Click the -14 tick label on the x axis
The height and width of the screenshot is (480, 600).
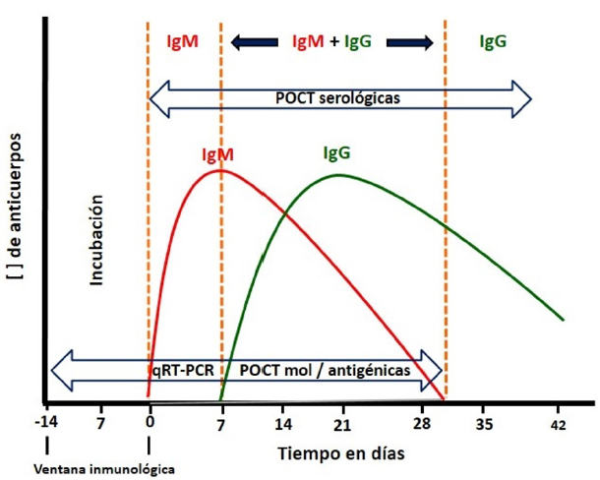click(45, 424)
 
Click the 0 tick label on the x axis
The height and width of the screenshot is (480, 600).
click(150, 424)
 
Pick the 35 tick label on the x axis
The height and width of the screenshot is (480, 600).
click(484, 424)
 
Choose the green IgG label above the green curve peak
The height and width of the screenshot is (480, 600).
click(336, 152)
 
